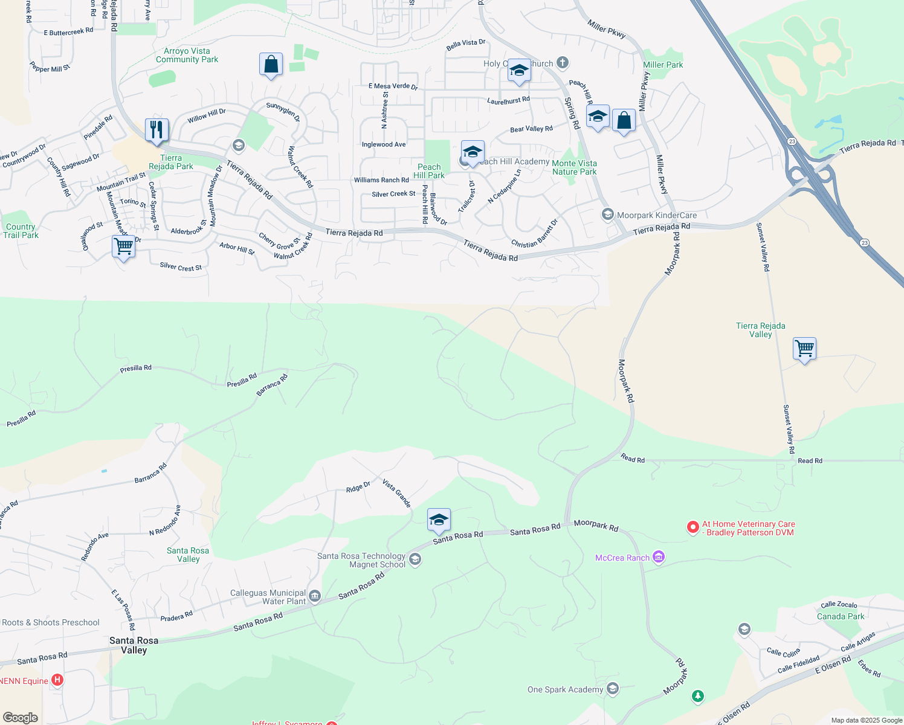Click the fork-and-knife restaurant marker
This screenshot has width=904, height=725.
[x=157, y=130]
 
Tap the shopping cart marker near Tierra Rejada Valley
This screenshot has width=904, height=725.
[x=804, y=349]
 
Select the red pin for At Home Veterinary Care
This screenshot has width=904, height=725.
[x=693, y=527]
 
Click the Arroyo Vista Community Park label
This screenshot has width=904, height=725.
[x=187, y=56]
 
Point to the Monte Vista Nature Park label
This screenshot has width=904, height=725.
[x=574, y=167]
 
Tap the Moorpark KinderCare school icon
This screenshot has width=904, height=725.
[x=607, y=215]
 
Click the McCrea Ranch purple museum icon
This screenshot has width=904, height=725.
[x=659, y=557]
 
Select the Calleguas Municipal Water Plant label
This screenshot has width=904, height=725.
[x=268, y=597]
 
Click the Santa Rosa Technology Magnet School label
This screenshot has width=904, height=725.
[x=361, y=560]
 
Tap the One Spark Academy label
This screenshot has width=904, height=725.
[x=565, y=689]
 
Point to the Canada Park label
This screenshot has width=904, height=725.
[x=840, y=616]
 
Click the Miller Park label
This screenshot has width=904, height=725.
[x=663, y=65]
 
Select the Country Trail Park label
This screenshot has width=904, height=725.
[x=21, y=231]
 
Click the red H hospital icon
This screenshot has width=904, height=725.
[x=57, y=680]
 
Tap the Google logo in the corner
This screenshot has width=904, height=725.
[x=20, y=718]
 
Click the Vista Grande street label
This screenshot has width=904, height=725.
[x=396, y=493]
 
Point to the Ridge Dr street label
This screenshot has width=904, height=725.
[x=358, y=487]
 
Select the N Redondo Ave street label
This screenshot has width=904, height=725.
[x=165, y=520]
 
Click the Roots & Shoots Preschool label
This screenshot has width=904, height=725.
[x=51, y=622]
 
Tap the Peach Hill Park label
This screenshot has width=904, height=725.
[x=429, y=171]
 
